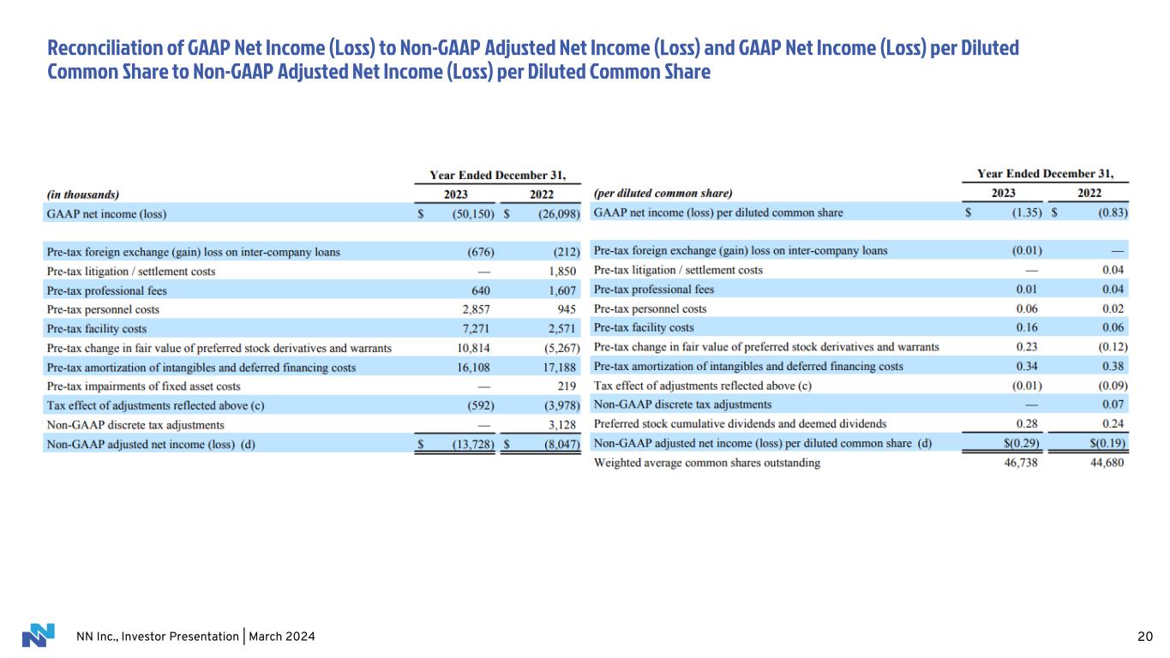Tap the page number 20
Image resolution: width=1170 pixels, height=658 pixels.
pos(1144,637)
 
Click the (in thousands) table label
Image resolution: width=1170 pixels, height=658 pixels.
pos(83,194)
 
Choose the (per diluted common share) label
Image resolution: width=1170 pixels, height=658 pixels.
pos(663,194)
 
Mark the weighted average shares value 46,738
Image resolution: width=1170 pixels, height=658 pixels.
pos(1023,464)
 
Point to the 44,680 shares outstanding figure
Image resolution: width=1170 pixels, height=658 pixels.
pos(1107,464)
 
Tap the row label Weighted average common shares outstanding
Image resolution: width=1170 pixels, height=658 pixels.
pos(706,464)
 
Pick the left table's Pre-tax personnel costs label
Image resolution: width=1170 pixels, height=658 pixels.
pos(103,309)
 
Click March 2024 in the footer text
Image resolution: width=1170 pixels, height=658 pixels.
pos(282,637)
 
